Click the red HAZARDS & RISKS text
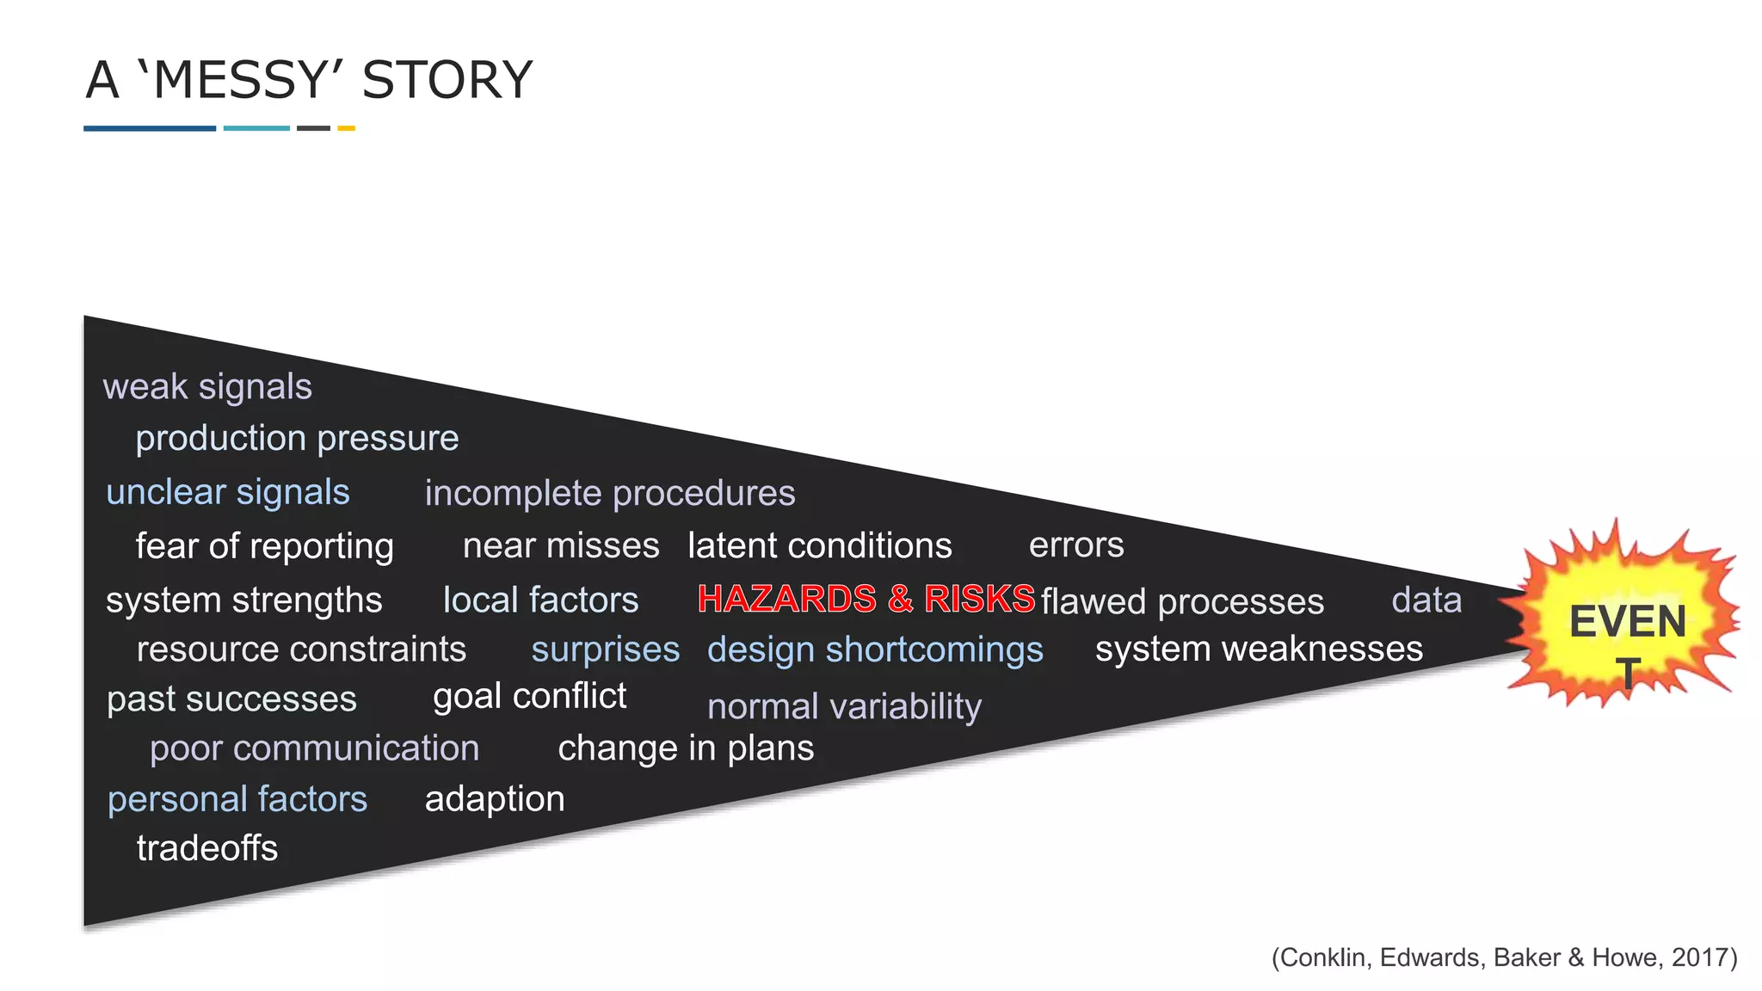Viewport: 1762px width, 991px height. (x=866, y=599)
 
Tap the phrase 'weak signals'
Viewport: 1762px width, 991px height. (x=207, y=387)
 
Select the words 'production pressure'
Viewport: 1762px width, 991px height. (x=297, y=439)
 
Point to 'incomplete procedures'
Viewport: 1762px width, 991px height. (x=610, y=494)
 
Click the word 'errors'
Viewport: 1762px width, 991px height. (x=1076, y=545)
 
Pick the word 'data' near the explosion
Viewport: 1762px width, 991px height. (x=1426, y=600)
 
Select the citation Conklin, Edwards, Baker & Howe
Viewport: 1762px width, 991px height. (x=1504, y=957)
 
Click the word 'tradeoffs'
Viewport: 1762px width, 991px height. (x=207, y=849)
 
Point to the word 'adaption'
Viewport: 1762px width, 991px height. (x=495, y=799)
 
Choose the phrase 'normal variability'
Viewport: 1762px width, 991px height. (x=844, y=707)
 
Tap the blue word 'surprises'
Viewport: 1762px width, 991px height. (x=605, y=650)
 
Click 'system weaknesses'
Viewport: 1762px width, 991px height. (x=1259, y=649)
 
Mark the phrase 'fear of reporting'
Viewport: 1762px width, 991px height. (x=264, y=547)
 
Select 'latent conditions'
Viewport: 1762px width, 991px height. (x=820, y=546)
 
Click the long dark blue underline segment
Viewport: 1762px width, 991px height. (x=150, y=128)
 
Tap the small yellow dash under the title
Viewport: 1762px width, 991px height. (x=346, y=128)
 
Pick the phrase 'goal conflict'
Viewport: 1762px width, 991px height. (x=529, y=696)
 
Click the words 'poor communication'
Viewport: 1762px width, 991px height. (x=314, y=748)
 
